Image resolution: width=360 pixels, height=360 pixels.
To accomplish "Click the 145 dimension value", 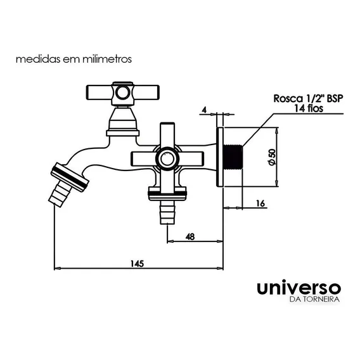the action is [137, 264].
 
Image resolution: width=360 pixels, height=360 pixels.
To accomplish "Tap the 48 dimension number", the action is [190, 236].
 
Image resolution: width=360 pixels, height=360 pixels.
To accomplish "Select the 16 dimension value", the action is [260, 203].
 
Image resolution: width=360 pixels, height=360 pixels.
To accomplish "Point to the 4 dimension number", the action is [204, 110].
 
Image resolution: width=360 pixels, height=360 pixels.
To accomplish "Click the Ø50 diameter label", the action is [271, 157].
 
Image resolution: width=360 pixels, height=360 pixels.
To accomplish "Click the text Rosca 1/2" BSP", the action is [308, 98].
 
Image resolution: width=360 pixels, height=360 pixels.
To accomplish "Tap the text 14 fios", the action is [309, 108].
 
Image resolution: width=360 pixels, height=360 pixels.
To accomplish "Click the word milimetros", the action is [107, 59].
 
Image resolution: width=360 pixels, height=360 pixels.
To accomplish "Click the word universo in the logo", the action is [299, 288].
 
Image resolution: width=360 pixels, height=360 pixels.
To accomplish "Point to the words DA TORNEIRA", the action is [314, 299].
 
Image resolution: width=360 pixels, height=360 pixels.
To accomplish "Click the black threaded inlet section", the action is [233, 157].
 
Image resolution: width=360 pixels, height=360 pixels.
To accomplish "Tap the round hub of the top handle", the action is [122, 93].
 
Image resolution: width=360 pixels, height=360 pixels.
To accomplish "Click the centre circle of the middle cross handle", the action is [167, 158].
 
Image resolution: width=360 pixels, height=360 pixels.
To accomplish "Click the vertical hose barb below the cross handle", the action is [167, 212].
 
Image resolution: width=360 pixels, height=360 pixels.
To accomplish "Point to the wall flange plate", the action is [220, 157].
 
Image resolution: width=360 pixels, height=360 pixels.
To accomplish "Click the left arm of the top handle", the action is [99, 93].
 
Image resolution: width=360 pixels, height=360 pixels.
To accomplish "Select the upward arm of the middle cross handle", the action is [167, 135].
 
